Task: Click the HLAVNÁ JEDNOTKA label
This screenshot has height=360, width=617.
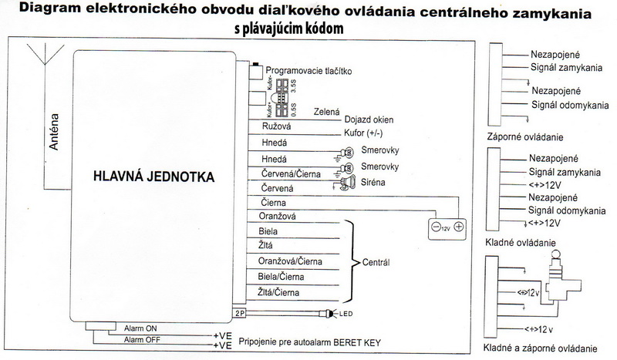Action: [154, 177]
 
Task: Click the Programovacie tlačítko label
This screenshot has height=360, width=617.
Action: [308, 71]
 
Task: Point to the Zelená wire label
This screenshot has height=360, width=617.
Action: [327, 112]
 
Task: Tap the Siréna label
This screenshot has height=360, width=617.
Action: [373, 182]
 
